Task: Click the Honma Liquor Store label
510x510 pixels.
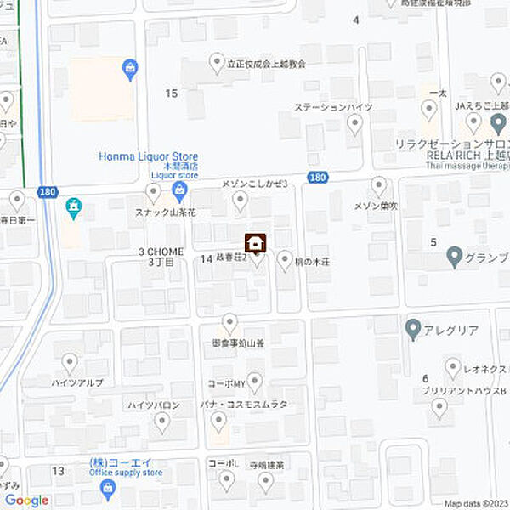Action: click(x=149, y=156)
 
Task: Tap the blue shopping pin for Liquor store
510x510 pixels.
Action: click(x=179, y=189)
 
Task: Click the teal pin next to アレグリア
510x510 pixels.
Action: click(x=413, y=326)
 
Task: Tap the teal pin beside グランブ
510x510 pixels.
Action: click(x=454, y=252)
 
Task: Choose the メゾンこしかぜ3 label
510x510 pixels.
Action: click(x=255, y=184)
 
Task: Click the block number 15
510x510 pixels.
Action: click(x=172, y=93)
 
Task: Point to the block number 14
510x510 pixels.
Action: click(x=207, y=258)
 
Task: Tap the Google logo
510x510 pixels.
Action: click(x=26, y=501)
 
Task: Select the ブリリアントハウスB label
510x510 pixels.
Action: click(x=463, y=391)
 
